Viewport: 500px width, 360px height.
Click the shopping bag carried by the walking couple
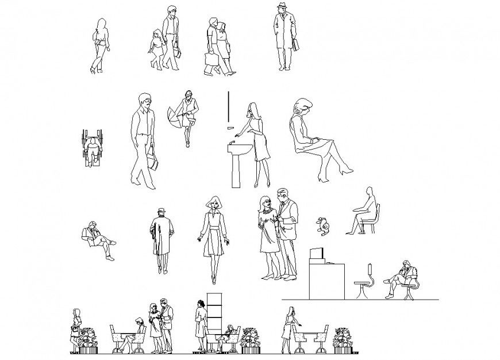210,60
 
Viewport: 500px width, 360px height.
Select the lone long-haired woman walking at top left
100,46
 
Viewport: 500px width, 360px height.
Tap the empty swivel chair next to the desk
364,282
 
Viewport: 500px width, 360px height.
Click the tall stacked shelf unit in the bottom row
214,313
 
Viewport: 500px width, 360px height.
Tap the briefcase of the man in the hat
296,45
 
